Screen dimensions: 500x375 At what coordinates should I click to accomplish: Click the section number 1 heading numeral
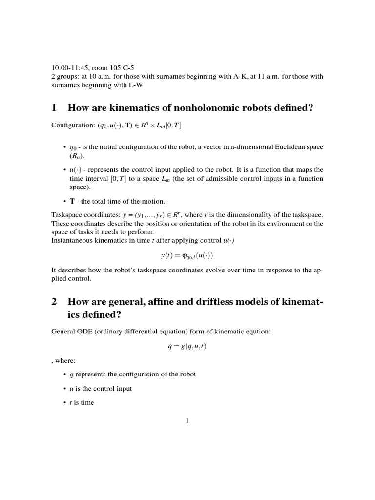point(54,108)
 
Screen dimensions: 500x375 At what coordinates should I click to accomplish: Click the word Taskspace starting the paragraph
point(66,215)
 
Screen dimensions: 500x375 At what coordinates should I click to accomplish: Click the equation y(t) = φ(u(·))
point(187,256)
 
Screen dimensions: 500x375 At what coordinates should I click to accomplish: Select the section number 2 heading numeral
point(54,302)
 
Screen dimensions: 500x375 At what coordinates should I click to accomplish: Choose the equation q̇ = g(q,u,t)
point(187,346)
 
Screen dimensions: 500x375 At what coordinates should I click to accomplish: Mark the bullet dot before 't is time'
point(65,403)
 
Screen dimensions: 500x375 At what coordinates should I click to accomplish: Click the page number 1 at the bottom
point(187,421)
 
